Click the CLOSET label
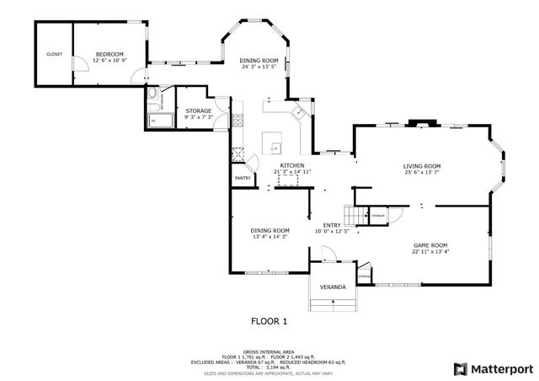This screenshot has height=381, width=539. point(54,54)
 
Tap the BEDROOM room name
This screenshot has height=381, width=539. point(109,52)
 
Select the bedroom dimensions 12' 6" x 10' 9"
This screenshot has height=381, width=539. point(109,60)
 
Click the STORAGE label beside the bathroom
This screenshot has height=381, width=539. point(199,110)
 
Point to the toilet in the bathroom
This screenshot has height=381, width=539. point(152,99)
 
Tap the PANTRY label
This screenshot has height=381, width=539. point(243,178)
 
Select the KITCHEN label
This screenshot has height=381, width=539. point(292,165)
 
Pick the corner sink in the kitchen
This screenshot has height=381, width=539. point(297,110)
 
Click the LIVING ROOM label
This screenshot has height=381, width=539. point(421,166)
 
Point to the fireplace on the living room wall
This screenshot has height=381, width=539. point(419,124)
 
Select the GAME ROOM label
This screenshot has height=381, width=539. point(430,244)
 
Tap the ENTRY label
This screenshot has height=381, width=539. point(332,225)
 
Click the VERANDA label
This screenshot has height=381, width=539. point(333,287)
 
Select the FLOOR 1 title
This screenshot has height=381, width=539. point(269,321)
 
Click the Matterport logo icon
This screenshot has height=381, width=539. point(459,368)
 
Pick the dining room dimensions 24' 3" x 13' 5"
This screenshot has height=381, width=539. point(259,67)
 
